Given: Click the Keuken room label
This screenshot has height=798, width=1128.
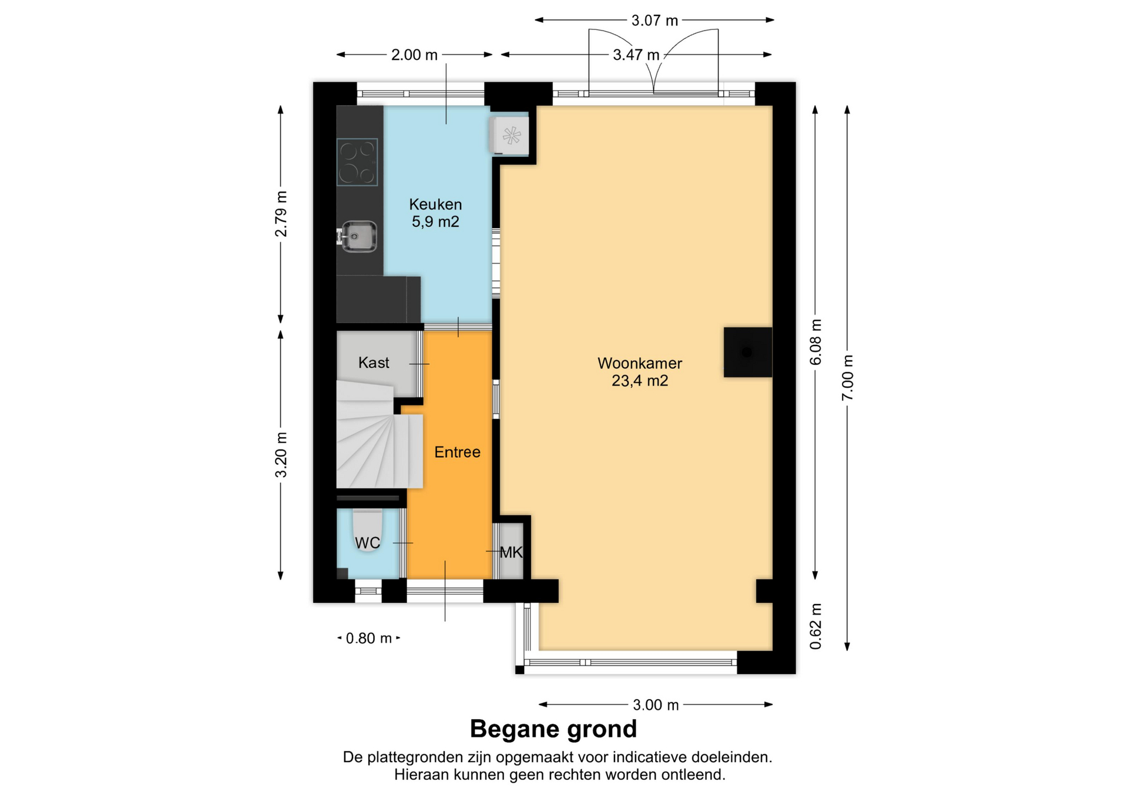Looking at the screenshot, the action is pyautogui.click(x=435, y=204).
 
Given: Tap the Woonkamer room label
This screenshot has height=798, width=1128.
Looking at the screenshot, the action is pyautogui.click(x=640, y=363).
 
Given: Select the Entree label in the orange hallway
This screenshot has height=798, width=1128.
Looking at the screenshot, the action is pyautogui.click(x=457, y=452).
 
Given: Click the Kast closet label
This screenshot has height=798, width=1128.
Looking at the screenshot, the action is pyautogui.click(x=374, y=363).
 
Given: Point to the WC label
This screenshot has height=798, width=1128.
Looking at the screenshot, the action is pyautogui.click(x=368, y=543).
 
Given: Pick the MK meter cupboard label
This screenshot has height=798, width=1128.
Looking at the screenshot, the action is pyautogui.click(x=511, y=552).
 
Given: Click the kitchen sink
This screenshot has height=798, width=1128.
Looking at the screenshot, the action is pyautogui.click(x=358, y=236).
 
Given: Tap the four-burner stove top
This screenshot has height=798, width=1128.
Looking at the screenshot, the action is pyautogui.click(x=357, y=162).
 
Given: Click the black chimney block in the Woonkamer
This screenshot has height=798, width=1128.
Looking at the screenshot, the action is pyautogui.click(x=747, y=352).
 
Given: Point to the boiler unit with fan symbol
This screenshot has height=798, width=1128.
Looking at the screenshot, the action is pyautogui.click(x=509, y=136).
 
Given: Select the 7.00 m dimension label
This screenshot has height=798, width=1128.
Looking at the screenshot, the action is pyautogui.click(x=847, y=378).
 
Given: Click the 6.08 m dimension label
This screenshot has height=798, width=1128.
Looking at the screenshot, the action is pyautogui.click(x=815, y=342).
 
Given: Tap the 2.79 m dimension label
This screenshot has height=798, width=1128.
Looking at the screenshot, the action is pyautogui.click(x=281, y=214).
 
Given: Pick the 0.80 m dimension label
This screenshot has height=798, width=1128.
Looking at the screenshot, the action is pyautogui.click(x=368, y=638).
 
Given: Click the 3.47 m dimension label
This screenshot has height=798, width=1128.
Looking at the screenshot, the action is pyautogui.click(x=636, y=55).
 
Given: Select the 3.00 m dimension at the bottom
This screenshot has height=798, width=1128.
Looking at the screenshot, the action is pyautogui.click(x=656, y=705).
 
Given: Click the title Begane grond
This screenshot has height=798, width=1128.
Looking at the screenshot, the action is pyautogui.click(x=553, y=729).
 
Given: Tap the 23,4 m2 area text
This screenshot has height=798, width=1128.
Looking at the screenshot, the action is pyautogui.click(x=640, y=381).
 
